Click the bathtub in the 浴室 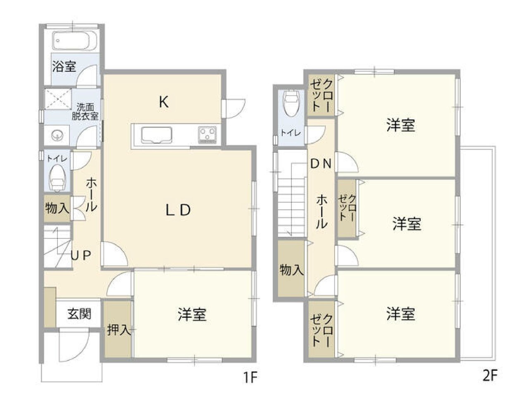click(74, 40)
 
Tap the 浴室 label click(64, 67)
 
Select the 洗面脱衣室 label click(85, 112)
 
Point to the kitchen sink click(157, 135)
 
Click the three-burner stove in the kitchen click(207, 134)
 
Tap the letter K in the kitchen click(164, 102)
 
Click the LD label click(178, 210)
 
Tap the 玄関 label click(79, 314)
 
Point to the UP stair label click(81, 255)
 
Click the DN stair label click(321, 164)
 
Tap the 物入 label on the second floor click(292, 270)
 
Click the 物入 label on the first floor click(57, 209)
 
